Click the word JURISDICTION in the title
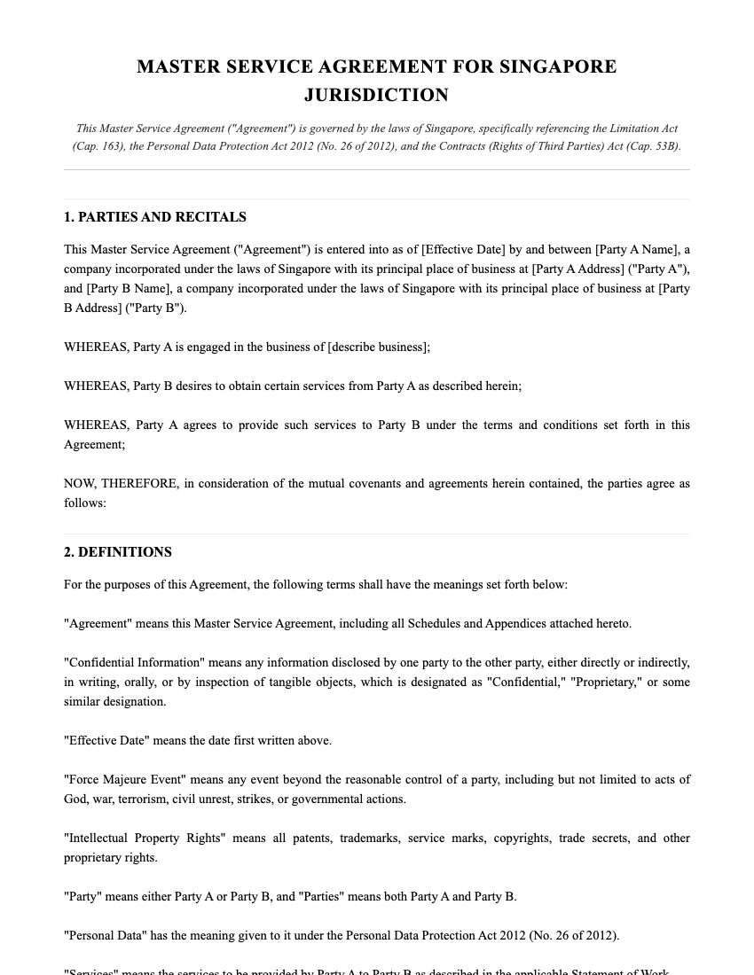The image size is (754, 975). click(x=376, y=95)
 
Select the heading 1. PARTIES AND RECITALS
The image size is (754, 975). click(x=155, y=217)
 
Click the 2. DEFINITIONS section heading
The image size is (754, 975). click(x=118, y=552)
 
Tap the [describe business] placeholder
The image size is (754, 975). click(x=379, y=347)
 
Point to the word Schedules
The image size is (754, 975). click(x=432, y=623)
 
